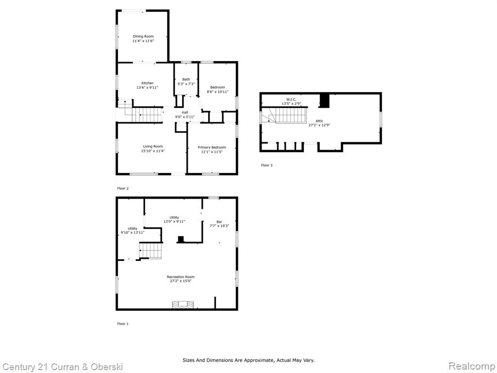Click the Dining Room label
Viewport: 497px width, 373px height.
tap(143, 36)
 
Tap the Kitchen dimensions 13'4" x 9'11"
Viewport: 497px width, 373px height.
tap(148, 87)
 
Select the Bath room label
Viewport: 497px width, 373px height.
tap(186, 79)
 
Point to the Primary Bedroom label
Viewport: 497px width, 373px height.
tap(212, 148)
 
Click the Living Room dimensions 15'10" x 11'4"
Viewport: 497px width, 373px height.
tap(153, 151)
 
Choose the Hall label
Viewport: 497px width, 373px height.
tap(185, 112)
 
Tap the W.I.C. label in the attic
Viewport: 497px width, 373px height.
tap(291, 99)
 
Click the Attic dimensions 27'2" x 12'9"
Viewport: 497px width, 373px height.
tap(319, 125)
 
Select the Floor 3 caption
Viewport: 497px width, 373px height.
tap(266, 165)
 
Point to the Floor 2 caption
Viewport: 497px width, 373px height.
tap(123, 188)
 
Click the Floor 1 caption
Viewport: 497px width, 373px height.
tap(123, 324)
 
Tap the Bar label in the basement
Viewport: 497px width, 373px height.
tap(219, 221)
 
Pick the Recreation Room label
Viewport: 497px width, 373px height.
tap(181, 277)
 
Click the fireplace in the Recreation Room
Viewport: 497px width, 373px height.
tap(183, 305)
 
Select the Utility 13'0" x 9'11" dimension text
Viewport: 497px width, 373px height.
tap(174, 221)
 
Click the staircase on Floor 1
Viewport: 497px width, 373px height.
tap(151, 251)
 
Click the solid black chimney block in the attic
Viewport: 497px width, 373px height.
tap(325, 101)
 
